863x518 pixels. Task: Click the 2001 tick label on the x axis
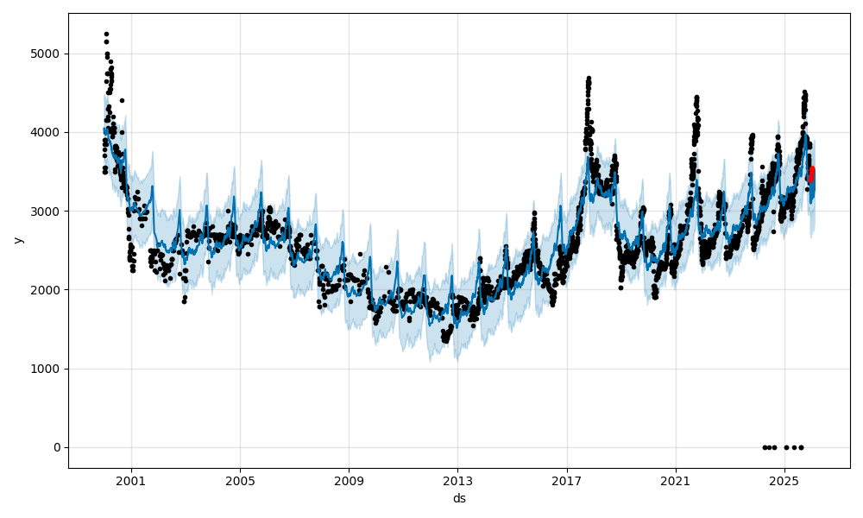pyautogui.click(x=131, y=481)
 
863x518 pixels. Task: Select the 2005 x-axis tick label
pyautogui.click(x=240, y=481)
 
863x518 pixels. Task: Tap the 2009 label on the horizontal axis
pyautogui.click(x=349, y=481)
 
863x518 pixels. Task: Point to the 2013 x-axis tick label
pyautogui.click(x=457, y=481)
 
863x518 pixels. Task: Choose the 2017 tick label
pyautogui.click(x=566, y=481)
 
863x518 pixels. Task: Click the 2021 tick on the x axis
pyautogui.click(x=675, y=481)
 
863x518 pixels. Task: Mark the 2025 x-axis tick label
pyautogui.click(x=784, y=481)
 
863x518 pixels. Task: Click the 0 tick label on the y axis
pyautogui.click(x=56, y=447)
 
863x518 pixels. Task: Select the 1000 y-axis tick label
pyautogui.click(x=47, y=369)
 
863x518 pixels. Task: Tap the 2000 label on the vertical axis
pyautogui.click(x=47, y=290)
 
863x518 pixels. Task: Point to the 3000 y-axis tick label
pyautogui.click(x=47, y=211)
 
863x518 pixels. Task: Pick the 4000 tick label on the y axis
pyautogui.click(x=47, y=132)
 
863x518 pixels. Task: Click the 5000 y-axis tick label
pyautogui.click(x=47, y=54)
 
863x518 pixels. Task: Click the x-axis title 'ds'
pyautogui.click(x=459, y=498)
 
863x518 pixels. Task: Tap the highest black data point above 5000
pyautogui.click(x=106, y=35)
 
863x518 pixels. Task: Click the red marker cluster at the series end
pyautogui.click(x=811, y=174)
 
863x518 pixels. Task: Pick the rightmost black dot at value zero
pyautogui.click(x=801, y=447)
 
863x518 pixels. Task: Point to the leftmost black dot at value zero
pyautogui.click(x=765, y=447)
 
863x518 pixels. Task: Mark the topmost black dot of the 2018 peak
pyautogui.click(x=589, y=79)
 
